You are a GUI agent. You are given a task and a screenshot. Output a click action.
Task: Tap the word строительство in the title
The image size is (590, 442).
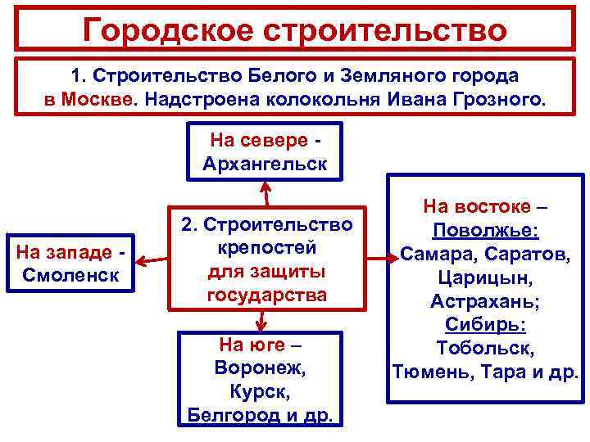tap(390, 30)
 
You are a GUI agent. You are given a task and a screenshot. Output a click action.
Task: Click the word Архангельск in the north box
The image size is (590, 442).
tap(265, 163)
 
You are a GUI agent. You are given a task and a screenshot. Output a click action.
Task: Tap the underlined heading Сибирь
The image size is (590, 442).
tap(485, 325)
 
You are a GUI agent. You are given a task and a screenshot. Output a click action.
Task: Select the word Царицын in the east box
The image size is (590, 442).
tap(485, 277)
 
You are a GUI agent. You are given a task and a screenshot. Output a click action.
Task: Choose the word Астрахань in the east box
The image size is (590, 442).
tap(485, 301)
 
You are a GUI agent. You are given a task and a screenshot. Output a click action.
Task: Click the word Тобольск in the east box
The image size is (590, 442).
tap(485, 349)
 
